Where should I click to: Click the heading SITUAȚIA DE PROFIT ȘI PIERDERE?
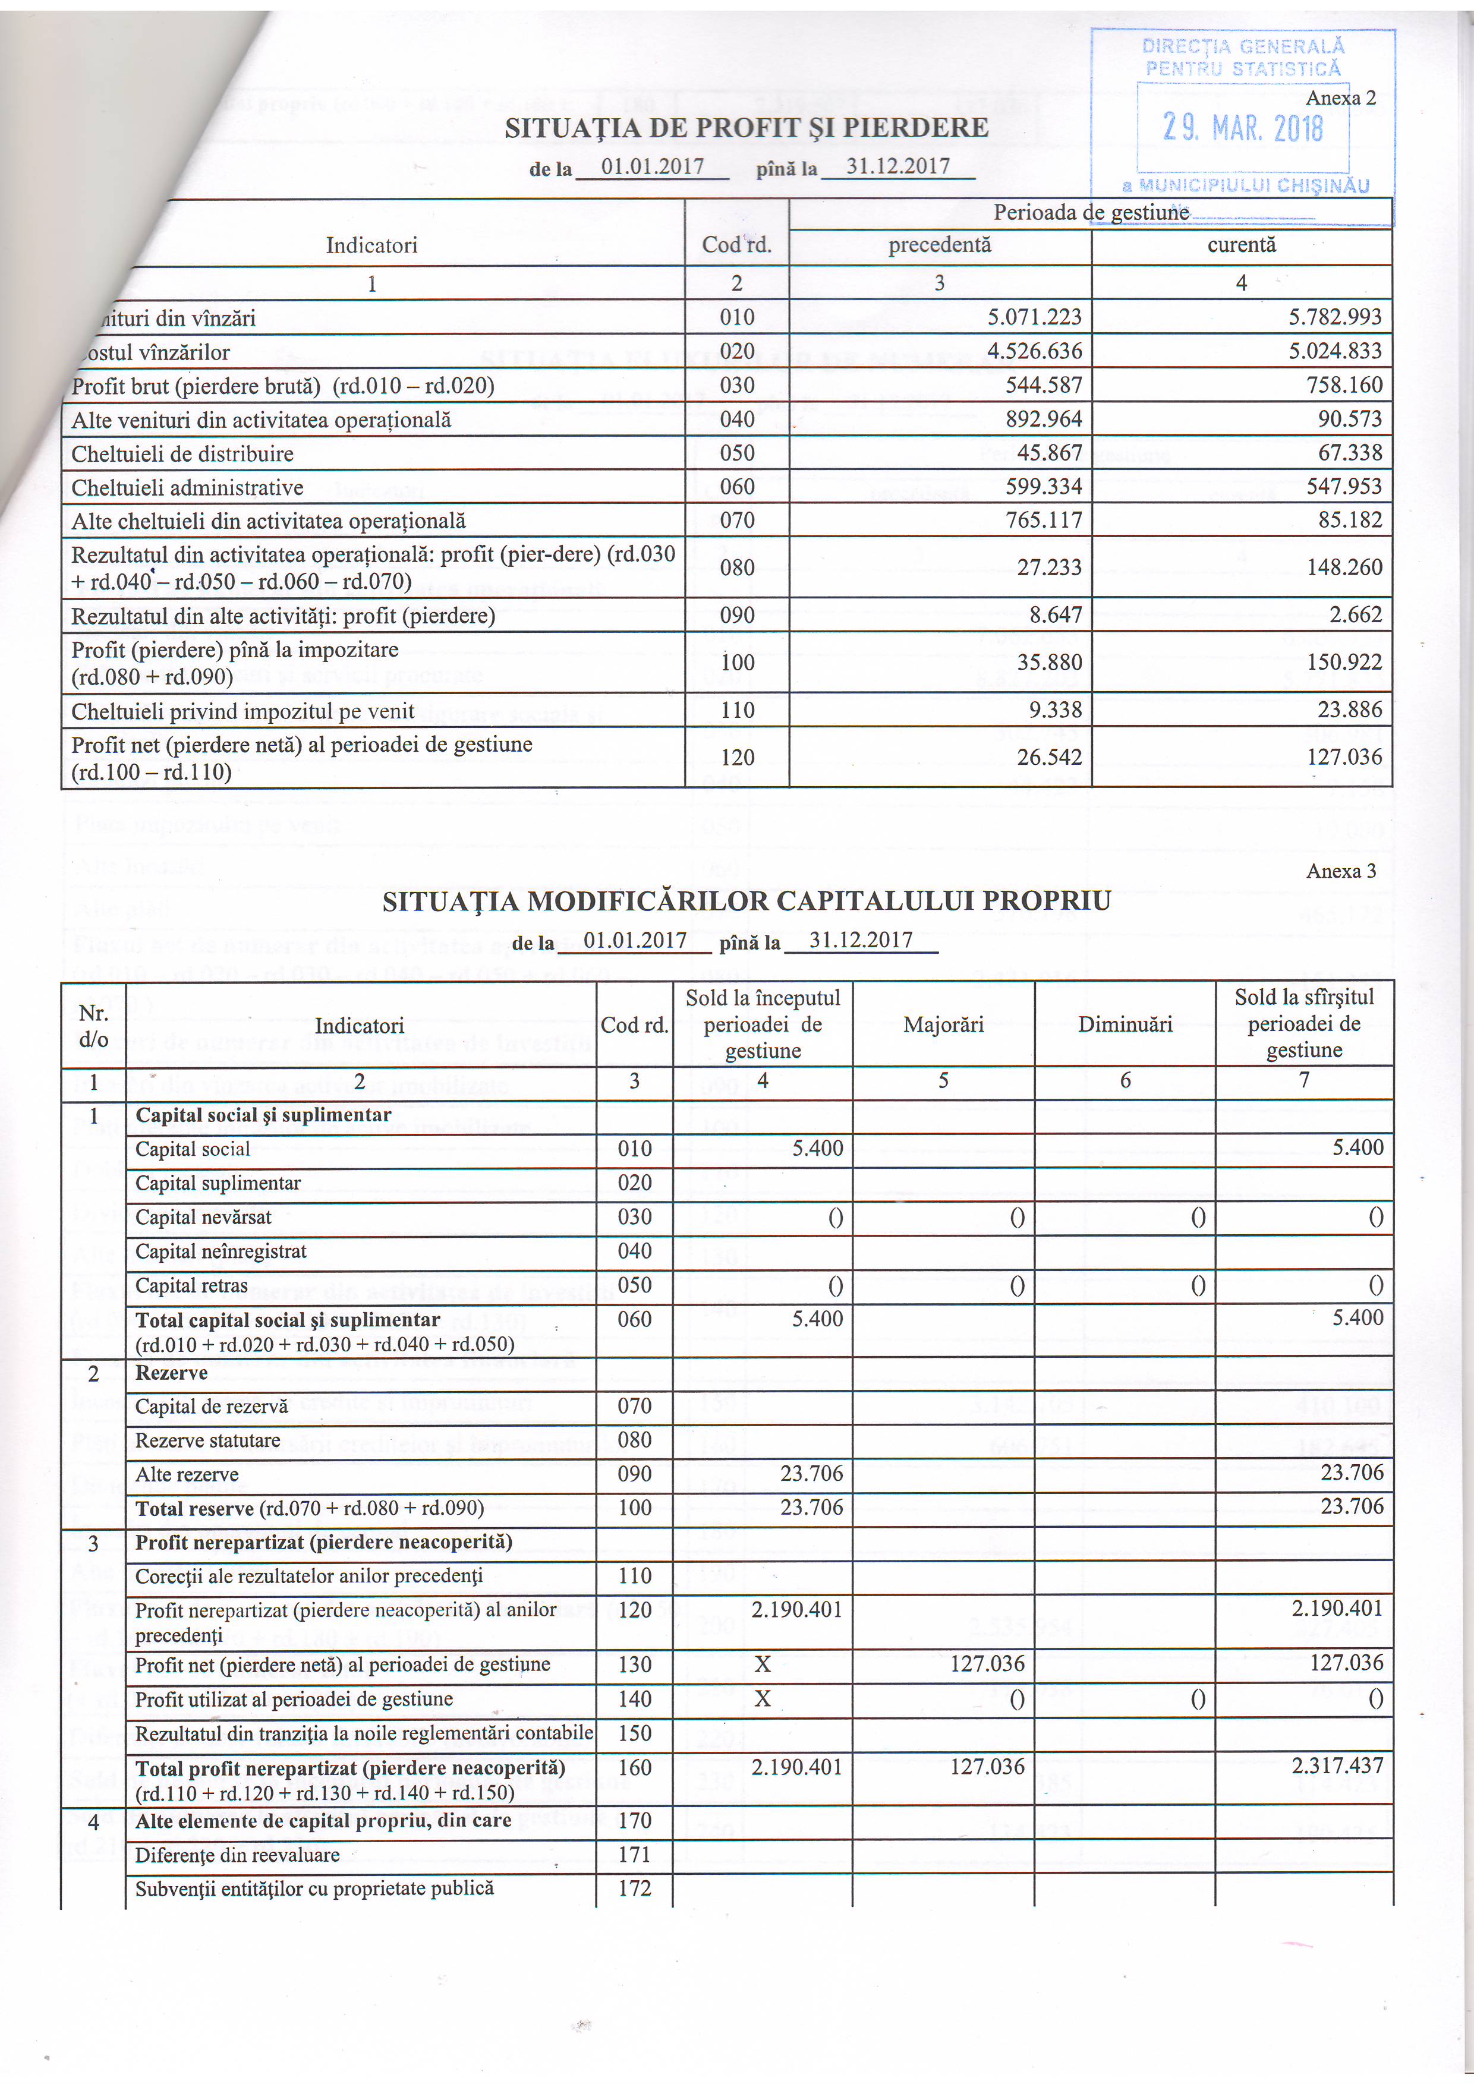point(746,127)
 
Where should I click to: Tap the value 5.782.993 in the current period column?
point(1335,317)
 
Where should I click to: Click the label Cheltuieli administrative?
point(187,487)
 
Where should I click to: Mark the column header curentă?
point(1241,245)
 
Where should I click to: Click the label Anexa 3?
point(1341,871)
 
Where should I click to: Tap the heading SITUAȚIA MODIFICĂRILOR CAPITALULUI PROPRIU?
point(746,901)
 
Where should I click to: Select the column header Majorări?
point(943,1024)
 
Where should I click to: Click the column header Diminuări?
point(1125,1024)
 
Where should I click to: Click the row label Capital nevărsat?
point(203,1217)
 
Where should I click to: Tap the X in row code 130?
point(763,1664)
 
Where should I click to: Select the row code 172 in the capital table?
point(634,1889)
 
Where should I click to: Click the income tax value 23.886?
point(1350,710)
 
